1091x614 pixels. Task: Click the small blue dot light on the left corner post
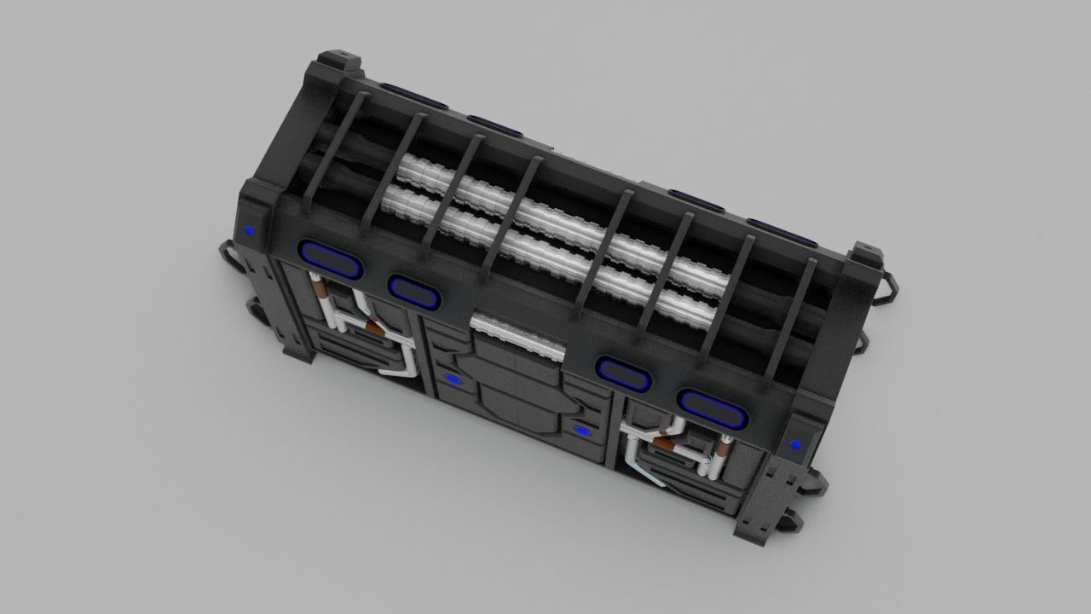(x=249, y=229)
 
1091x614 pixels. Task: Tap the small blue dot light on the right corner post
(x=795, y=443)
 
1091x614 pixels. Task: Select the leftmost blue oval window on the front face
(x=331, y=259)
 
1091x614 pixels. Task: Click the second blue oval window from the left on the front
(x=414, y=289)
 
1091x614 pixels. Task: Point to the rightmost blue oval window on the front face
(x=713, y=409)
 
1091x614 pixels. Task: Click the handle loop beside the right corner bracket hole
(x=886, y=286)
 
